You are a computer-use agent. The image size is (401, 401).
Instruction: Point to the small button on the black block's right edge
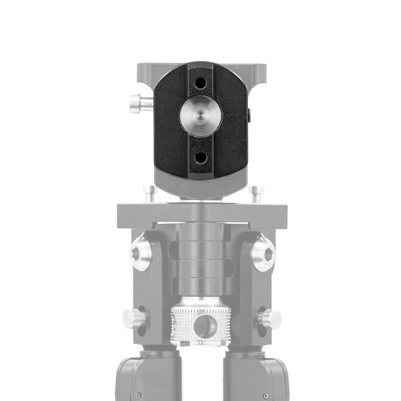pyautogui.click(x=251, y=115)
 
